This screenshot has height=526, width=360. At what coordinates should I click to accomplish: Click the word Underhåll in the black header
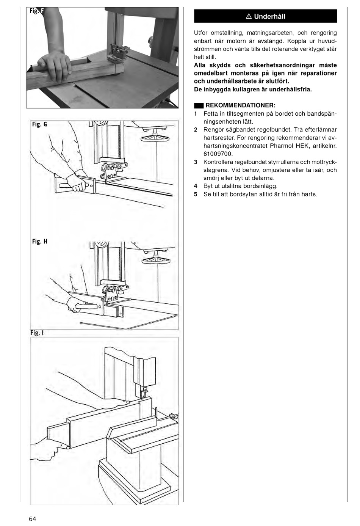pos(269,16)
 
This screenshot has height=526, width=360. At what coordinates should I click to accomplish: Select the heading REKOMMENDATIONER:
pos(240,105)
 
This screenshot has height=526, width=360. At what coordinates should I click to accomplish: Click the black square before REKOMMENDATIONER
pos(199,105)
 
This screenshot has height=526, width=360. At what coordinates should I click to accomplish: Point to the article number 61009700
pos(218,154)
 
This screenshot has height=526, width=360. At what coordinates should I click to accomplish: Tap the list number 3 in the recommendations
pos(196,162)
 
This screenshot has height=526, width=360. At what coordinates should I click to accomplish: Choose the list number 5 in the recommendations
pos(196,195)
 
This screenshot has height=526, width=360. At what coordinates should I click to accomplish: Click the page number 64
pos(32,519)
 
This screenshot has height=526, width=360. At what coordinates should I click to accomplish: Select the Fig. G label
pos(39,124)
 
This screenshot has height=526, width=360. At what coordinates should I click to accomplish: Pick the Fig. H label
pos(39,241)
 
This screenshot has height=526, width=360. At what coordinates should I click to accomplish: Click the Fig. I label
pos(37,333)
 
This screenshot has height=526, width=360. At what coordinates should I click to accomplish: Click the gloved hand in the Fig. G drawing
pos(76,183)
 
